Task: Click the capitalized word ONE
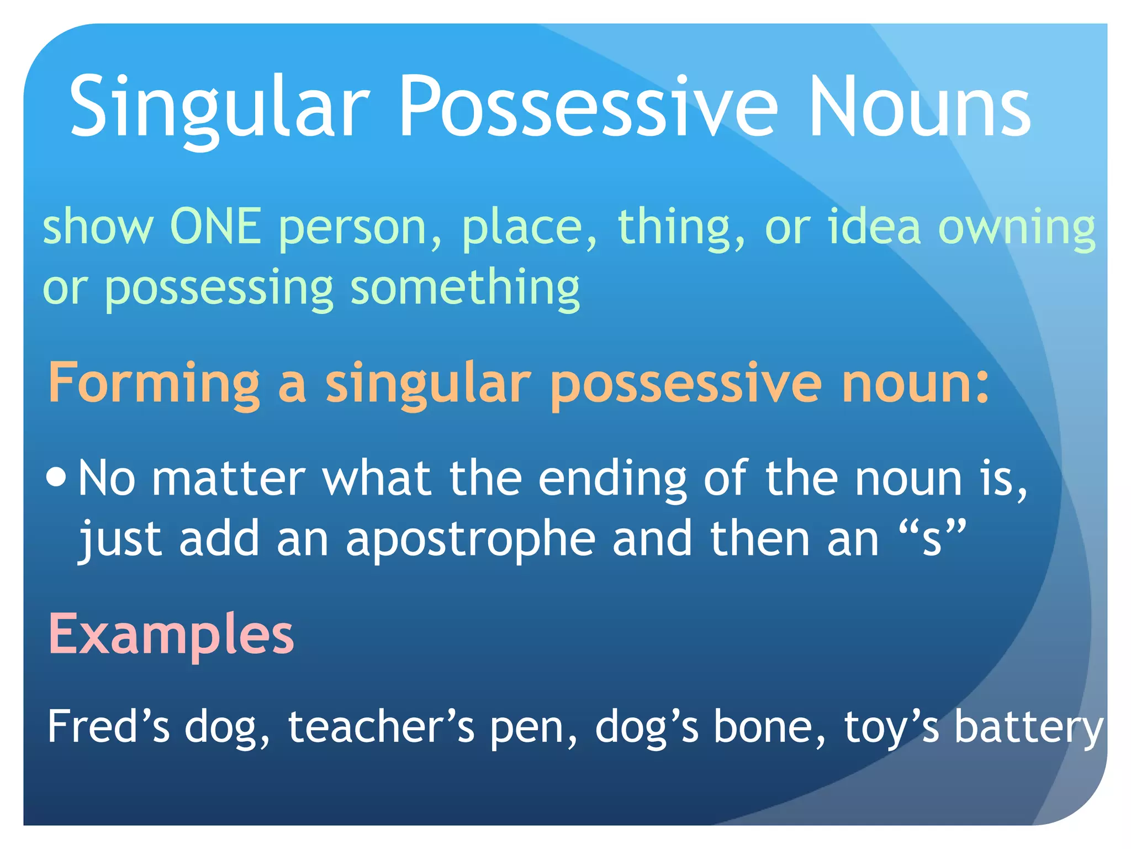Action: (215, 227)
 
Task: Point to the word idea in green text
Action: (874, 227)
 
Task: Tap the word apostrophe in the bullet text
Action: (471, 539)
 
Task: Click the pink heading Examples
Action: (171, 635)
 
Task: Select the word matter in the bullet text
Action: (229, 479)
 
